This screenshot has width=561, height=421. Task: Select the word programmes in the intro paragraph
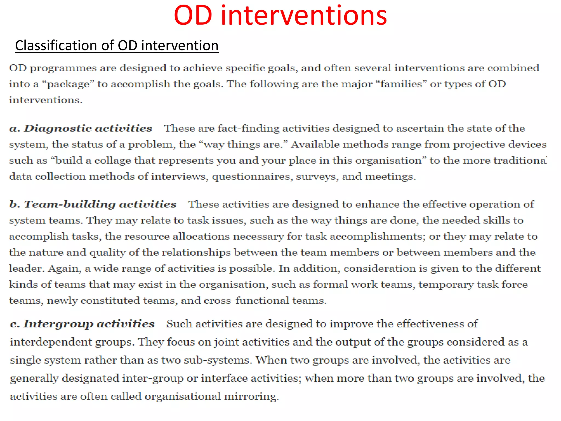click(63, 68)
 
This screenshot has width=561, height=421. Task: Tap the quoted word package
click(68, 84)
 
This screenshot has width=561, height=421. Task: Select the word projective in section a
click(479, 144)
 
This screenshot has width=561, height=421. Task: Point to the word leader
click(26, 268)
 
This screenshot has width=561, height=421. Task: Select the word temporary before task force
click(446, 285)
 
